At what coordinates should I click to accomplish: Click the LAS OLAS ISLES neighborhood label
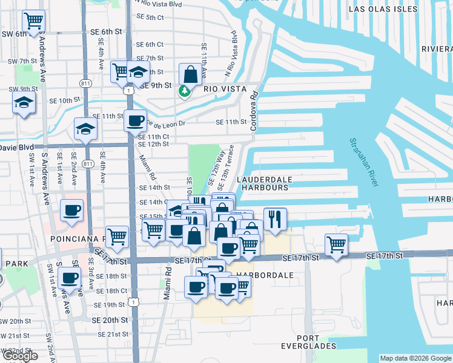[383, 9]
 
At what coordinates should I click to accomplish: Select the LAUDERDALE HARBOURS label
[265, 183]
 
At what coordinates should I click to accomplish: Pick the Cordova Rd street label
[254, 111]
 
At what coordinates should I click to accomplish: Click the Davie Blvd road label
[17, 147]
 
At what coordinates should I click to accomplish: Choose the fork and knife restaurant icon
[275, 218]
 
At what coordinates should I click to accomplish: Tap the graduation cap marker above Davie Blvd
[86, 128]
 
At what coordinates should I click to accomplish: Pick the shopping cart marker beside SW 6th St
[33, 21]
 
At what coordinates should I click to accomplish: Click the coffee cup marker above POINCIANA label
[71, 210]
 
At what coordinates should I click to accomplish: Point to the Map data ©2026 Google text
[415, 358]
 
